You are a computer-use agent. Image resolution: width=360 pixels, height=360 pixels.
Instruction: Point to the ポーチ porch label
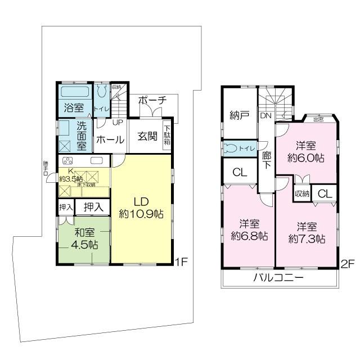(152, 100)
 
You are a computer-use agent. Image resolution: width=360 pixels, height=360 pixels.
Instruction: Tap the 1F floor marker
(180, 261)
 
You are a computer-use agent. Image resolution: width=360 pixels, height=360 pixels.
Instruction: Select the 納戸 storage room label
(239, 115)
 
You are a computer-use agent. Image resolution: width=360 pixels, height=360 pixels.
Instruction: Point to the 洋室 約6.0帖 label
(305, 151)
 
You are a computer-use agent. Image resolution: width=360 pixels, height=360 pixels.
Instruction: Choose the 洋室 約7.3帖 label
(307, 232)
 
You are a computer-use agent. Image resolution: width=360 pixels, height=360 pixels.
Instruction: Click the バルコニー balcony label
(278, 278)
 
